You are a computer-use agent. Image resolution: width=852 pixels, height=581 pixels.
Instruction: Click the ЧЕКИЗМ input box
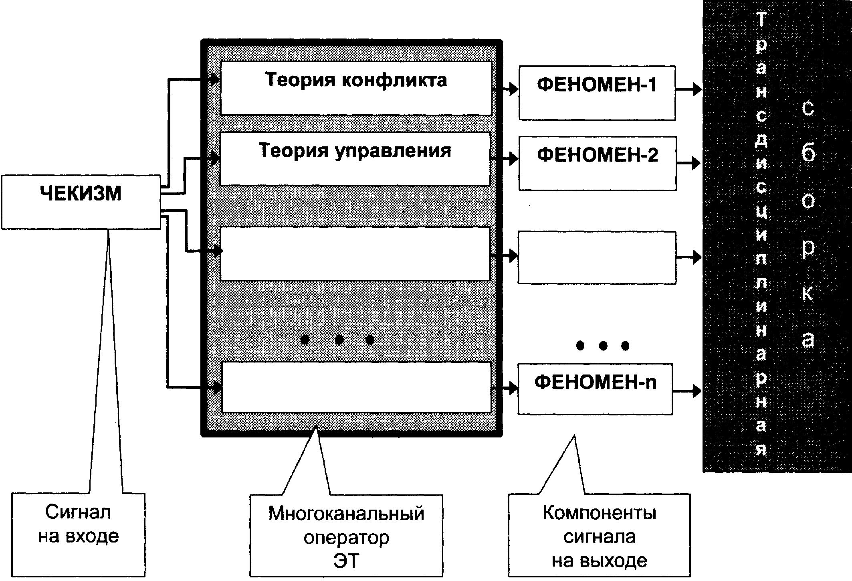(81, 202)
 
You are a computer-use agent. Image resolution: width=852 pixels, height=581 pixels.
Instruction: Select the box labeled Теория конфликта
(356, 88)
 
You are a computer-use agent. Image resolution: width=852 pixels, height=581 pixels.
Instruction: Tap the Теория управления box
(355, 159)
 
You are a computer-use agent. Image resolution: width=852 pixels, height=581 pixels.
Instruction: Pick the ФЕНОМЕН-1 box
(597, 93)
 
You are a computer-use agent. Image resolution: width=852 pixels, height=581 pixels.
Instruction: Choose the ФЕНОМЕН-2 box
(598, 163)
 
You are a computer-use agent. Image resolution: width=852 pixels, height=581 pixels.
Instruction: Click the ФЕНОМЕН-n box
(595, 389)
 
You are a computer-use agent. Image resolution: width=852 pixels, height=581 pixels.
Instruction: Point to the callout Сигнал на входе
(79, 534)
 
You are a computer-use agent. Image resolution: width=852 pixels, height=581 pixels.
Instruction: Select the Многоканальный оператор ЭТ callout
(346, 536)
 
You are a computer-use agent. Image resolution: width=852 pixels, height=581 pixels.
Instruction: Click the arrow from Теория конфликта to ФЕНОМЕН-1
(505, 89)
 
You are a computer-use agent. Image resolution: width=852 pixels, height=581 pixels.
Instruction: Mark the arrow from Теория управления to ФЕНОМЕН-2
(505, 159)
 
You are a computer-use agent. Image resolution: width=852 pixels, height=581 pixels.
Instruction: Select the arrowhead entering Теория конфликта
(214, 79)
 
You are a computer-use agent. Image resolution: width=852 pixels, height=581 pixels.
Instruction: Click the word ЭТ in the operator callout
(346, 561)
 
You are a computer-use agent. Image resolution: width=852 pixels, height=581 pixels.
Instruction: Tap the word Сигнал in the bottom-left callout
(78, 512)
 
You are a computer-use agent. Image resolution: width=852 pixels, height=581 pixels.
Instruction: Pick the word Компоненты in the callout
(600, 513)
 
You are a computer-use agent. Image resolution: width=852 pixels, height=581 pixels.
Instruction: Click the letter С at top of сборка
(808, 108)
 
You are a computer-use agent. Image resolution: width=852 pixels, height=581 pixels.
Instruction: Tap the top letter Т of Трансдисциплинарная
(761, 20)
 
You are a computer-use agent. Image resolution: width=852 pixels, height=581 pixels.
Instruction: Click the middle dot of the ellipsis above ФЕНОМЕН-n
(603, 345)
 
